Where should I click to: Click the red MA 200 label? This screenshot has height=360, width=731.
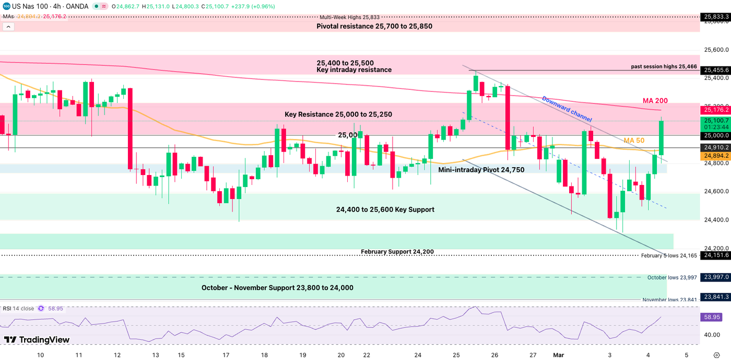pos(655,101)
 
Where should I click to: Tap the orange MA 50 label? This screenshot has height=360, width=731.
pos(634,141)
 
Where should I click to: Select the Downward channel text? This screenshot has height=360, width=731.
pos(567,109)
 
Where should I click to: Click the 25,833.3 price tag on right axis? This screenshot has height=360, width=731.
pos(716,17)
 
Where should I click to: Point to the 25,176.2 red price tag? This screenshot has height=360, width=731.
pos(716,110)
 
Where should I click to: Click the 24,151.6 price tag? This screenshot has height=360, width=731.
pos(716,255)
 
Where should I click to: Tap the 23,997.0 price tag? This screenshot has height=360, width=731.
pos(716,277)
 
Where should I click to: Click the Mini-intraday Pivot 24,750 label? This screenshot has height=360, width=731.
pos(481,170)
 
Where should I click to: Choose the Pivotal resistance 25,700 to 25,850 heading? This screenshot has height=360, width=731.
pos(374,26)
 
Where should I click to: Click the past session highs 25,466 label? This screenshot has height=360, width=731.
pos(664,66)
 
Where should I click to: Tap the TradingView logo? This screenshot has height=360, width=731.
pos(37,340)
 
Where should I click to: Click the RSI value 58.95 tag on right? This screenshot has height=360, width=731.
pos(713,317)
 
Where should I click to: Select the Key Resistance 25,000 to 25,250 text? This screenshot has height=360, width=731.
pos(338,114)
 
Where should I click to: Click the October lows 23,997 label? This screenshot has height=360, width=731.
pos(672,277)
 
